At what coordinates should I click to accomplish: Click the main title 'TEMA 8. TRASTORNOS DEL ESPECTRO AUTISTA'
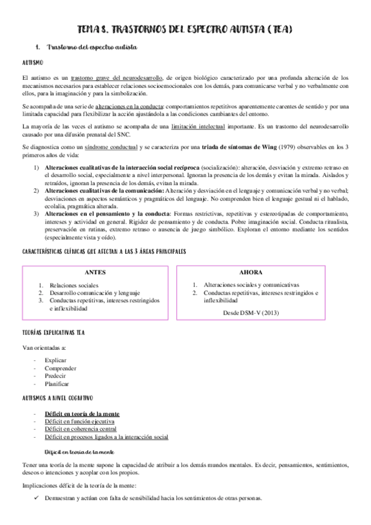[x=185, y=30]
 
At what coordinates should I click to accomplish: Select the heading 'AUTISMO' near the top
[x=32, y=63]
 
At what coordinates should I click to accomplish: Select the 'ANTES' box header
[x=95, y=272]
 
